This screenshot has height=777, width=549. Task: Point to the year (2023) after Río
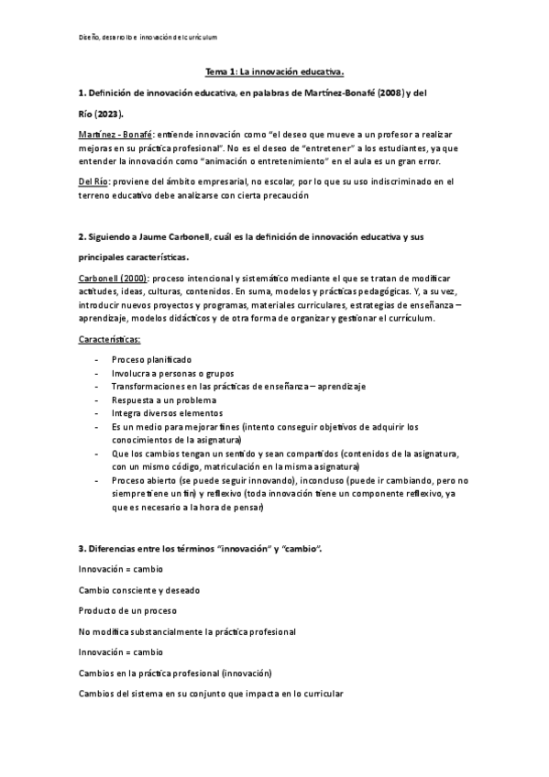(109, 116)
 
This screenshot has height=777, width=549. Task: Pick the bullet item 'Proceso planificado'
(152, 360)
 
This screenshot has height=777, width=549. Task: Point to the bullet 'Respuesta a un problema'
(164, 400)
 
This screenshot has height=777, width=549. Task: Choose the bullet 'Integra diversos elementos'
(168, 413)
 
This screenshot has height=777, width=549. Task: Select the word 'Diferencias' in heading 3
(117, 548)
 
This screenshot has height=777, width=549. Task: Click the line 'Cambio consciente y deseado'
(139, 590)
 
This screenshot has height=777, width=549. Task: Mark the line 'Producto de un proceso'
(127, 611)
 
